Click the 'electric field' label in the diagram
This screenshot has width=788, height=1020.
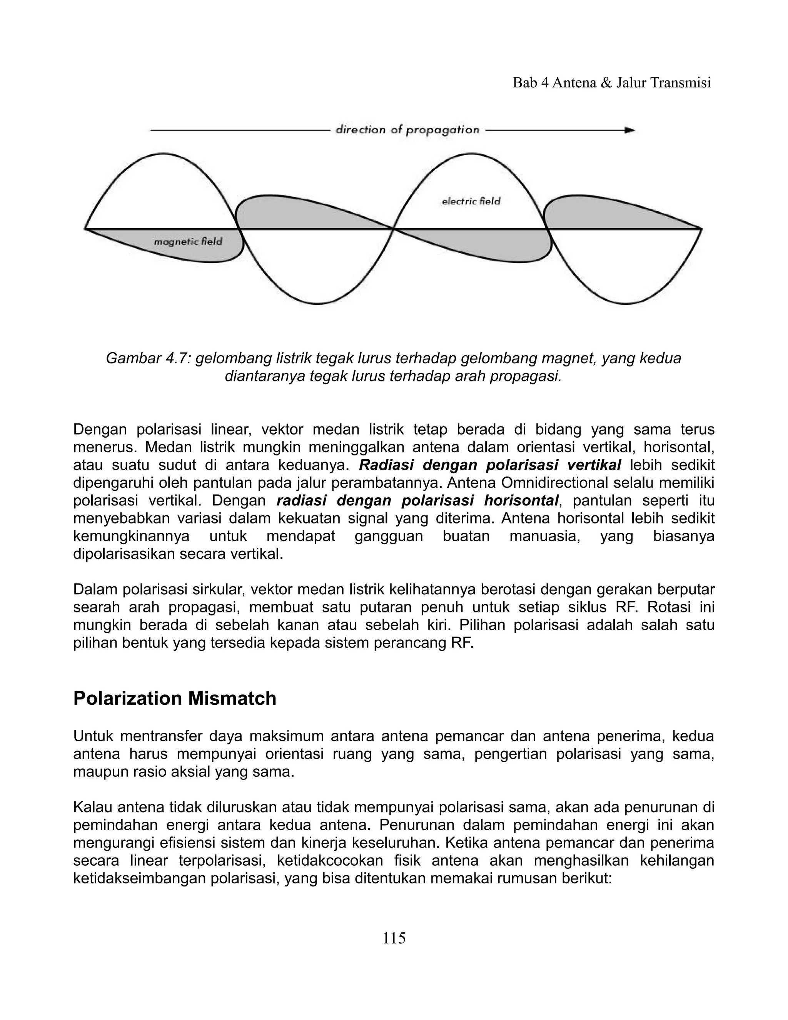pos(471,201)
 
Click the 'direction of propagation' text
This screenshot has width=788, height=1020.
pos(407,130)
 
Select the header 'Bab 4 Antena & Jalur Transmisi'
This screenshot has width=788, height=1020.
pos(611,83)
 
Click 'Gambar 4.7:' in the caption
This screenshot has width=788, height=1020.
pos(149,358)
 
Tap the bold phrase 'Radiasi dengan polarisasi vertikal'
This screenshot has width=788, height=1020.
pos(490,465)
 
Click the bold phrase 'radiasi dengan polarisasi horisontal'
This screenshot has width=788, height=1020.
pos(417,501)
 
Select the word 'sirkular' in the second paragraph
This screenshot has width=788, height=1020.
pos(219,589)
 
